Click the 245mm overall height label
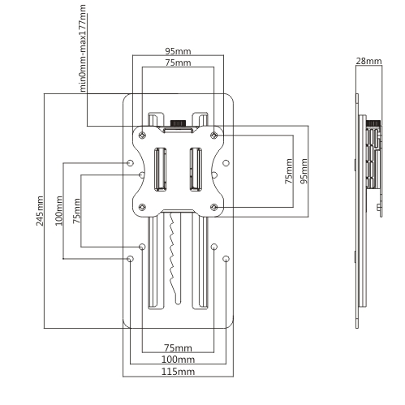click(x=40, y=211)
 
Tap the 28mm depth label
click(x=368, y=61)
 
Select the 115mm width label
click(x=178, y=372)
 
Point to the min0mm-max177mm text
click(x=83, y=48)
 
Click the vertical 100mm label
click(x=58, y=211)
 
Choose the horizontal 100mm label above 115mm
click(x=178, y=360)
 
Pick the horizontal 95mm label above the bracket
click(x=178, y=51)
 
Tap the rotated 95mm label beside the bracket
click(x=304, y=171)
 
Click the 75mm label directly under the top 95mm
click(x=178, y=62)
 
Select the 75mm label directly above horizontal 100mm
click(x=178, y=347)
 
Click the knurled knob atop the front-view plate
click(x=178, y=123)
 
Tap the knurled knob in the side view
click(x=373, y=123)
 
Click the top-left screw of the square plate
click(x=142, y=135)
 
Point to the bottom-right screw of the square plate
click(x=214, y=208)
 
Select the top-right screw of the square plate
click(x=214, y=135)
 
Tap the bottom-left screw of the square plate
click(x=142, y=208)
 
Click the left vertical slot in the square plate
click(x=160, y=170)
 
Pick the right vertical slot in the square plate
click(x=196, y=170)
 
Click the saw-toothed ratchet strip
click(x=174, y=258)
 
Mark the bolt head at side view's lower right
click(x=379, y=208)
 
